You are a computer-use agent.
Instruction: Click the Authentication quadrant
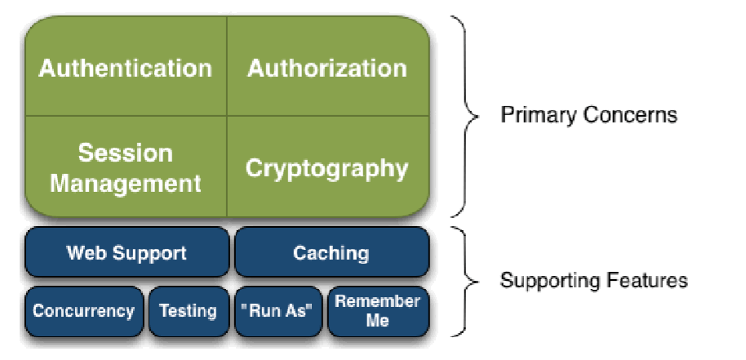(x=125, y=67)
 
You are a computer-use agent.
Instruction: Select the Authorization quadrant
(x=327, y=67)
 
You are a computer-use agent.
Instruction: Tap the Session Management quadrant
(x=125, y=167)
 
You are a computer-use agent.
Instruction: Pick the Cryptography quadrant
(x=327, y=168)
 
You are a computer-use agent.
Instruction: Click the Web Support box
(x=127, y=252)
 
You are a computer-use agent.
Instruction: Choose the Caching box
(x=331, y=252)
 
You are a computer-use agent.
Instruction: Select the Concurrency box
(x=83, y=311)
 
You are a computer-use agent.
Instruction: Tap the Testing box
(x=189, y=311)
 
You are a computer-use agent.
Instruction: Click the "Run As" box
(x=278, y=311)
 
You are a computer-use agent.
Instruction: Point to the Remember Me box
(x=378, y=311)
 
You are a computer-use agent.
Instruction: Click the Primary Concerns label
(x=588, y=114)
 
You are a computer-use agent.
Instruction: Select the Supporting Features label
(x=593, y=281)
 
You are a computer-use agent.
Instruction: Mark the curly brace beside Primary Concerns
(x=466, y=116)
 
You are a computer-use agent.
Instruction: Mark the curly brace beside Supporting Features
(x=466, y=281)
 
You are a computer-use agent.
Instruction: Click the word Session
(x=125, y=153)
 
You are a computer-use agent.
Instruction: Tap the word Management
(x=125, y=182)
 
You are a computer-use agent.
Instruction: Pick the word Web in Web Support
(x=83, y=252)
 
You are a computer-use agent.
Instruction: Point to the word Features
(x=651, y=281)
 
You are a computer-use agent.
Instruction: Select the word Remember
(x=378, y=301)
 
